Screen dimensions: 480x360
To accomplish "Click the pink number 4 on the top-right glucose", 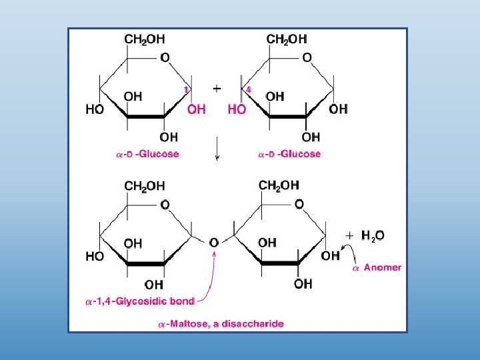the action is [x=248, y=89].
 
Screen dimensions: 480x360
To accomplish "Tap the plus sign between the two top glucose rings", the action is [x=217, y=87].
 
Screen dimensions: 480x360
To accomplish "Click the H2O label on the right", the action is [x=373, y=235].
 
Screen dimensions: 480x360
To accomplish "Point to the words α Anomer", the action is [x=377, y=267].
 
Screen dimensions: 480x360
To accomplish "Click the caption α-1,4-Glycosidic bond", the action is [x=140, y=301].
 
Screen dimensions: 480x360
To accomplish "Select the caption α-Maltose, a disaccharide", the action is [x=221, y=324].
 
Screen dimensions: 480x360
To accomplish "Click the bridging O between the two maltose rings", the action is [x=214, y=243].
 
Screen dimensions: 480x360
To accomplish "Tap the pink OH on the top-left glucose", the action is [x=197, y=109].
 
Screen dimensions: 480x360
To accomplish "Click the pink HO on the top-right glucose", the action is [x=237, y=109].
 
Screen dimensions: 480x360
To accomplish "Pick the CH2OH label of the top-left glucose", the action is [x=145, y=39].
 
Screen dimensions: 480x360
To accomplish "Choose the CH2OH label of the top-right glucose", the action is [x=287, y=39].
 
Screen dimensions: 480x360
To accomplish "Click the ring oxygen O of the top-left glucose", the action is [x=164, y=58].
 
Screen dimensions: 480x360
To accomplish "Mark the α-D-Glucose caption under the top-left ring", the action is [x=147, y=154].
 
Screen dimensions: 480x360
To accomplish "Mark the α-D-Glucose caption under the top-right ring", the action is [x=289, y=154].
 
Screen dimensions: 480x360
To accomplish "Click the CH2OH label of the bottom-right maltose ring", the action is [x=279, y=185].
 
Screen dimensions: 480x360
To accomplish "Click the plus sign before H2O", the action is [x=349, y=235].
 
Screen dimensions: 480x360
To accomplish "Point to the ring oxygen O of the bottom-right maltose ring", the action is [x=299, y=203].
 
